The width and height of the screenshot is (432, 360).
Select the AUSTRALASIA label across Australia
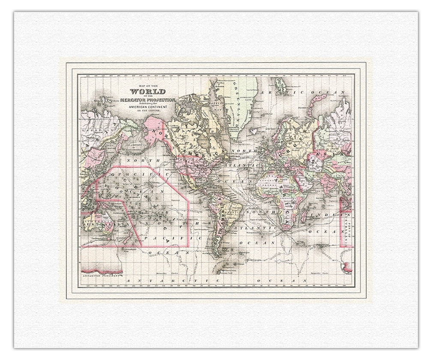coord(103,224)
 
